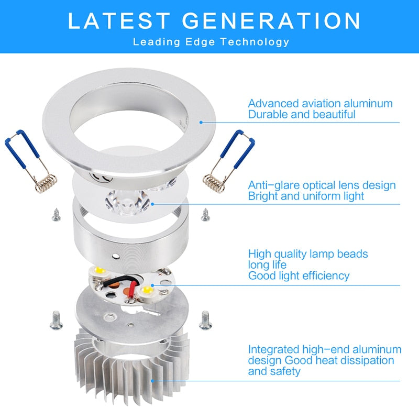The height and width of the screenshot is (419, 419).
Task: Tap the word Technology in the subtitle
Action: pyautogui.click(x=259, y=41)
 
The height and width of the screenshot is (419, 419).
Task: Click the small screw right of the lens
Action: pyautogui.click(x=205, y=213)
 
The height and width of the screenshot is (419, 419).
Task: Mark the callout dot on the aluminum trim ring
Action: pyautogui.click(x=201, y=122)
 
